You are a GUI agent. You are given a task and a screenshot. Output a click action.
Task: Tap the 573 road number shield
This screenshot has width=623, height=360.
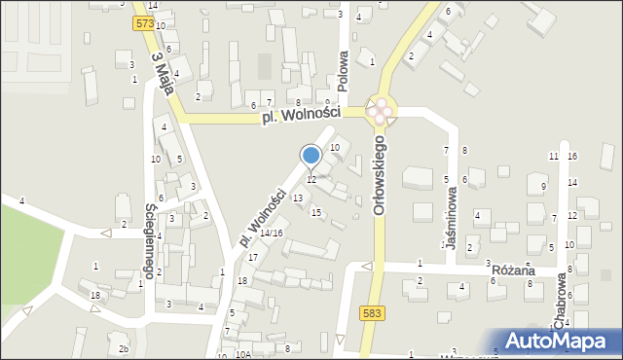pyautogui.click(x=145, y=22)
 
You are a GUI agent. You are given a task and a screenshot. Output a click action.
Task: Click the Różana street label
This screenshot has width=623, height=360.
pyautogui.click(x=515, y=271)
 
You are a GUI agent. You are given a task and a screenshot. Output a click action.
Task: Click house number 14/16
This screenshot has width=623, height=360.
pyautogui.click(x=271, y=234)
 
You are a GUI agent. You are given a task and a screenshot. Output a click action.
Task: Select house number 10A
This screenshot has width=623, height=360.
pyautogui.click(x=243, y=354)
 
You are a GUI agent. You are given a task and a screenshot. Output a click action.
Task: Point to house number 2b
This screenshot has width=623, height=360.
pyautogui.click(x=124, y=348)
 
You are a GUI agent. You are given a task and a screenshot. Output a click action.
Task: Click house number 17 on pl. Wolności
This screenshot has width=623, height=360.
pyautogui.click(x=253, y=257)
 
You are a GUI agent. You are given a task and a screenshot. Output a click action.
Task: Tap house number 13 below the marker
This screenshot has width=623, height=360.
pyautogui.click(x=298, y=198)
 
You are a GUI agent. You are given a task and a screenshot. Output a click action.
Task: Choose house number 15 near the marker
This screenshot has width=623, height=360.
pyautogui.click(x=315, y=212)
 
